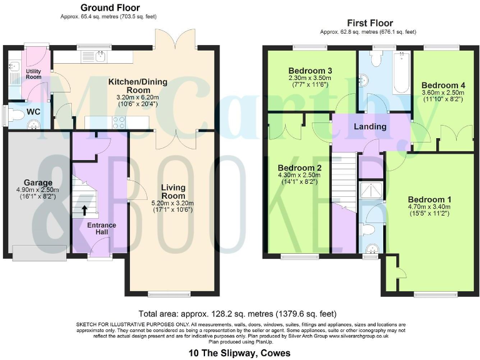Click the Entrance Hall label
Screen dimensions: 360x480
tap(100, 228)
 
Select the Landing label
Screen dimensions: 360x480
tap(370, 127)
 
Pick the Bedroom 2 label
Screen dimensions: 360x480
tap(299, 168)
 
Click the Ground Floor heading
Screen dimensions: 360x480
tap(109, 7)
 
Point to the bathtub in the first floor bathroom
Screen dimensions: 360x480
tap(399, 73)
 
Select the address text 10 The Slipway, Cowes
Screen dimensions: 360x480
tap(239, 353)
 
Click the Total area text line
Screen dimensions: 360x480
tap(239, 314)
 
